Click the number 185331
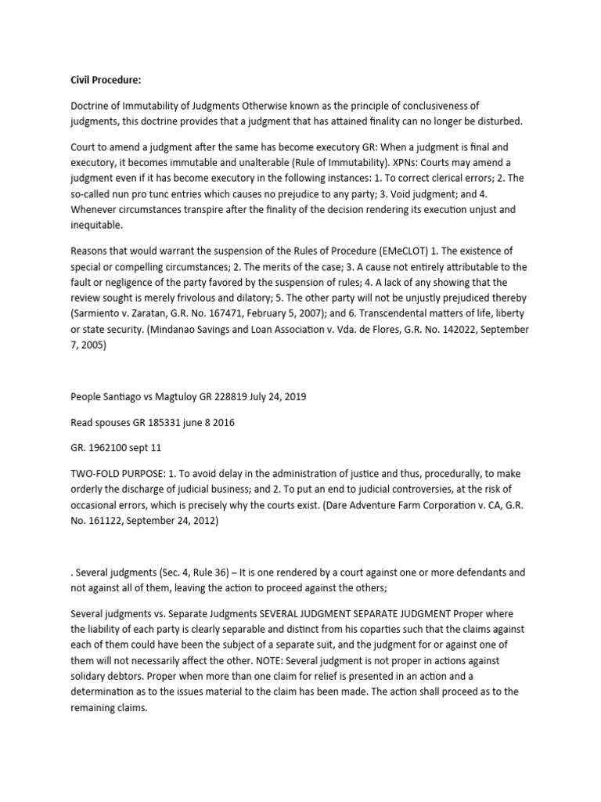pyautogui.click(x=161, y=423)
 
